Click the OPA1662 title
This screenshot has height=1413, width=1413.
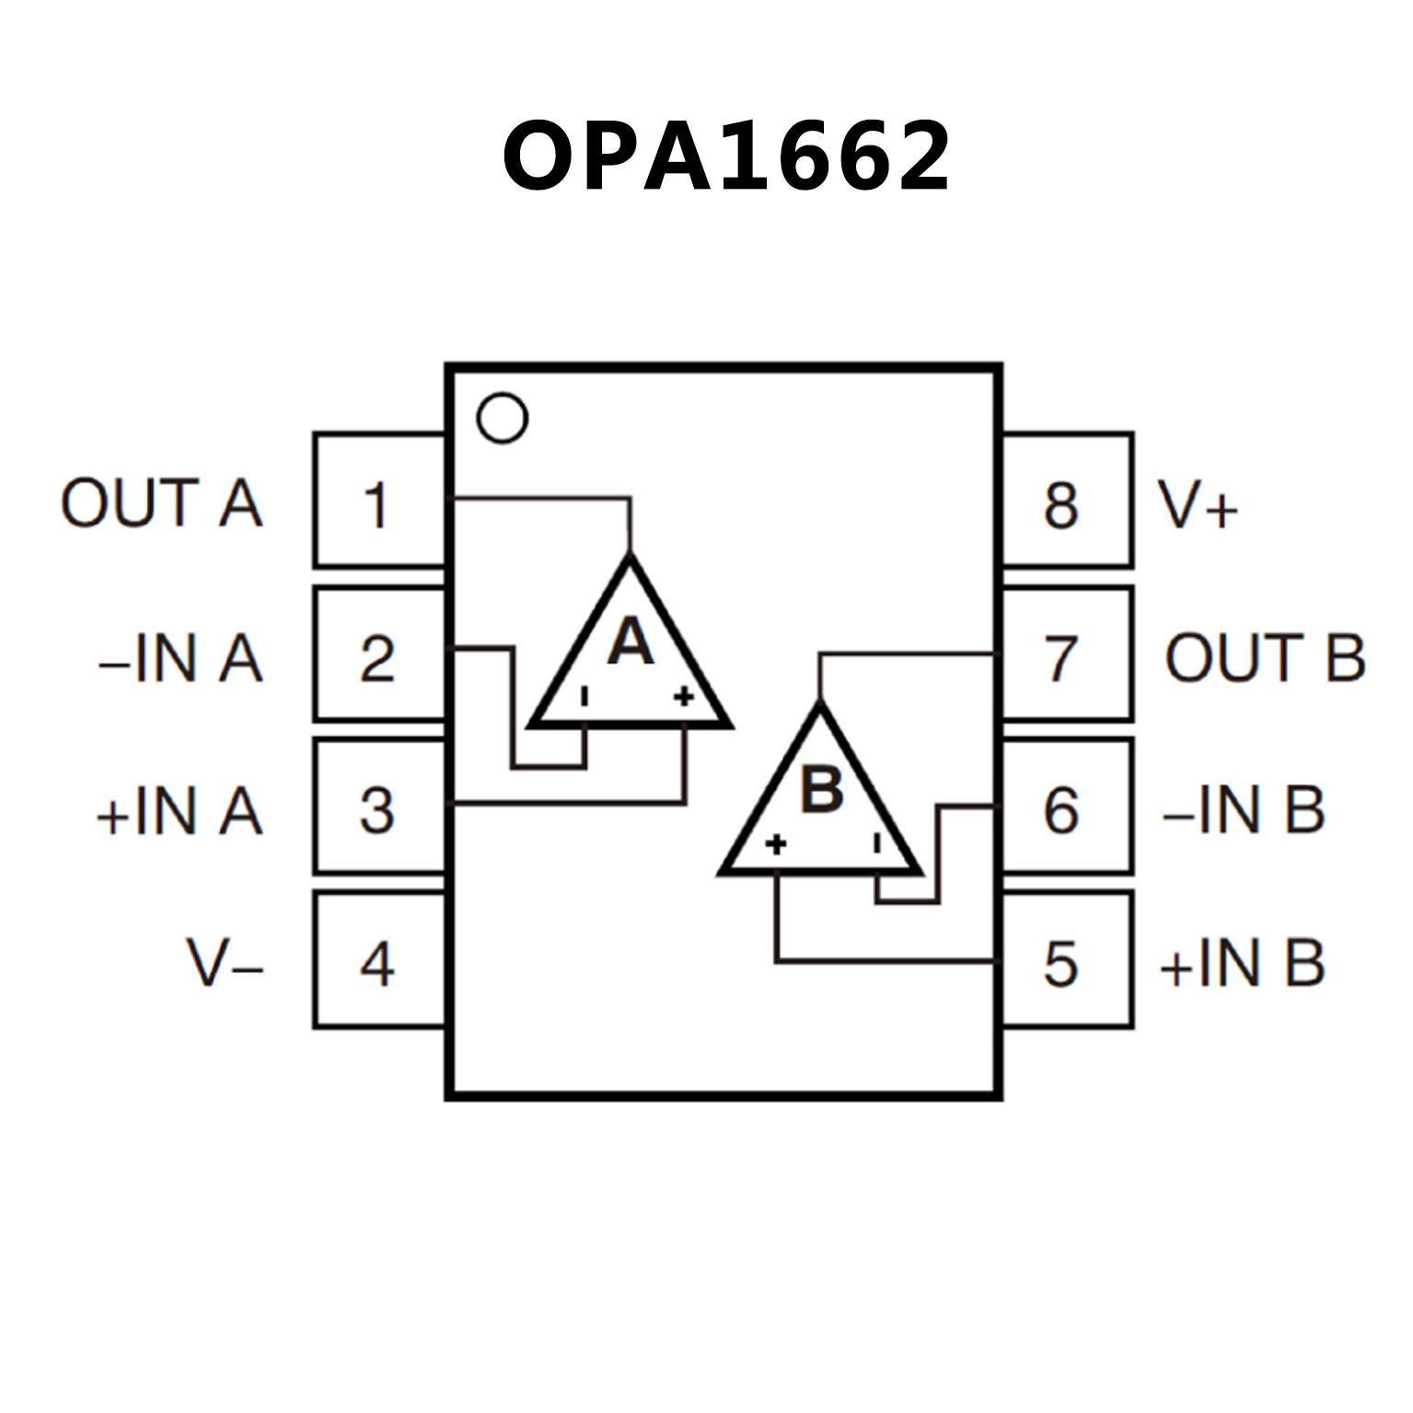[725, 156]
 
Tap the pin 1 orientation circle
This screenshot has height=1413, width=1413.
[502, 418]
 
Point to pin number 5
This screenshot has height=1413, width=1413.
[1064, 962]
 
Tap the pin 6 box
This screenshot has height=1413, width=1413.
[1064, 808]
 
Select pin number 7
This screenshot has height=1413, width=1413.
[1064, 655]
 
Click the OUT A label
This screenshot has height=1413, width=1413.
[161, 503]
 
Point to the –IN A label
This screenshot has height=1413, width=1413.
[180, 657]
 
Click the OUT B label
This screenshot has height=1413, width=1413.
[1265, 657]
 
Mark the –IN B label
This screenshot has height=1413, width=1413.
[1244, 810]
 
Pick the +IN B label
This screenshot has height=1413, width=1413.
[1243, 964]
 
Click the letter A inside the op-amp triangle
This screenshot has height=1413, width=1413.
[631, 642]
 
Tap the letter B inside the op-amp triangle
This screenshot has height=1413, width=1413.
[822, 788]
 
